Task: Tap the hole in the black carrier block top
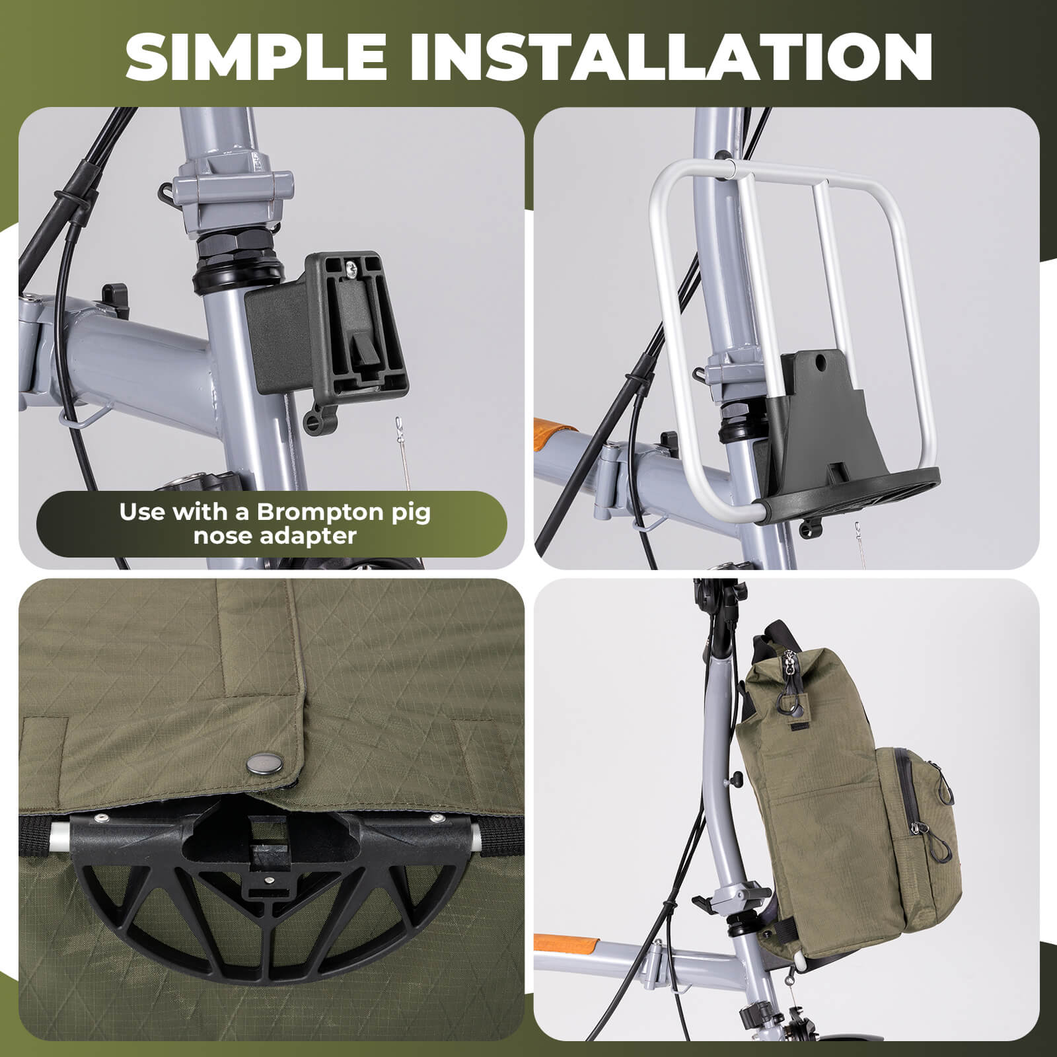820,363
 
